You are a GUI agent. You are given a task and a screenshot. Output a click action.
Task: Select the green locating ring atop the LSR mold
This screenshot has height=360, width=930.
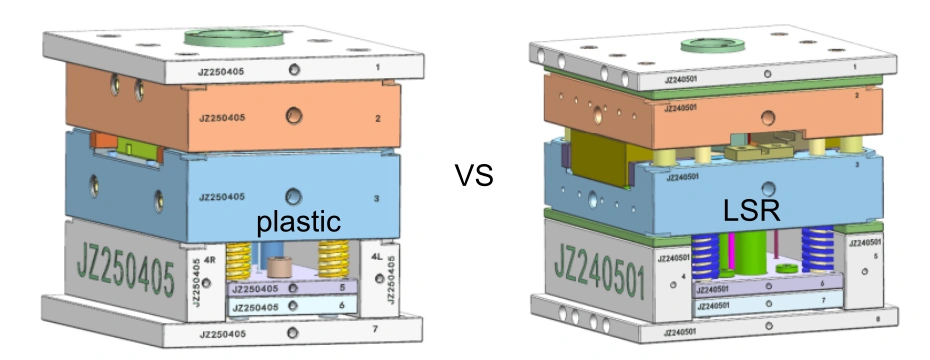716,45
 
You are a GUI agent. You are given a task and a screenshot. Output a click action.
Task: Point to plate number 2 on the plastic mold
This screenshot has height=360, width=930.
379,118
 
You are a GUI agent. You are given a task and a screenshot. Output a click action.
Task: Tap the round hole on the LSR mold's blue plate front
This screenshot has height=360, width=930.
767,186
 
